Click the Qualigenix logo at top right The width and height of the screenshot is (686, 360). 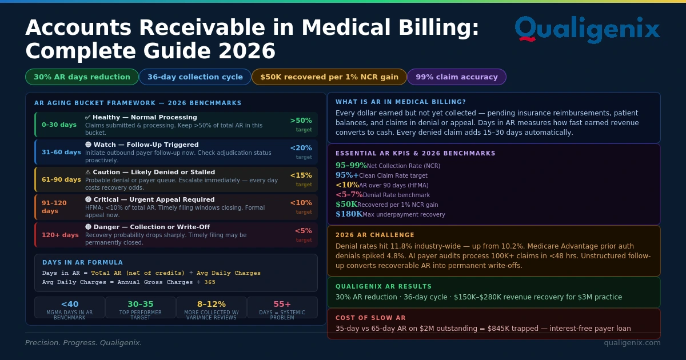coord(587,29)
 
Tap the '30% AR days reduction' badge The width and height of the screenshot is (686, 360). coord(82,77)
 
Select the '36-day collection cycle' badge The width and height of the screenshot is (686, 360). coord(195,77)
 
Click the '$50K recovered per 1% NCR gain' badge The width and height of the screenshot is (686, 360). coord(329,77)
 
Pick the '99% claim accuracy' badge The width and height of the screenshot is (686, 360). coord(456,77)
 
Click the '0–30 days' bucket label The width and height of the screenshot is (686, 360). coord(59,125)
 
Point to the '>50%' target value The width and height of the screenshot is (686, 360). coord(301,121)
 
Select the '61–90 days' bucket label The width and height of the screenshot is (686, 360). coord(61,179)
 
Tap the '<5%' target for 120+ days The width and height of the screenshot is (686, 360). coord(303,231)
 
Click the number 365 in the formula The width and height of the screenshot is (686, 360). coord(210,282)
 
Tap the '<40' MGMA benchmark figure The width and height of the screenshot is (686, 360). coord(69,304)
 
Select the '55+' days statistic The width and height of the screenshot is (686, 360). coord(282,304)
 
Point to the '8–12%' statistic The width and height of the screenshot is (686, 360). coord(211,304)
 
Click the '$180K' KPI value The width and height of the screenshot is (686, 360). coord(349,214)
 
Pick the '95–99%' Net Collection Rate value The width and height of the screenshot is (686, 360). coord(351,166)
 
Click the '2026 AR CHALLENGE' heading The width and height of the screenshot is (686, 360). coord(375,235)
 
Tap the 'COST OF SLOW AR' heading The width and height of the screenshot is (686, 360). coord(370,318)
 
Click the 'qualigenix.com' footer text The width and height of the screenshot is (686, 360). coord(632,342)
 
